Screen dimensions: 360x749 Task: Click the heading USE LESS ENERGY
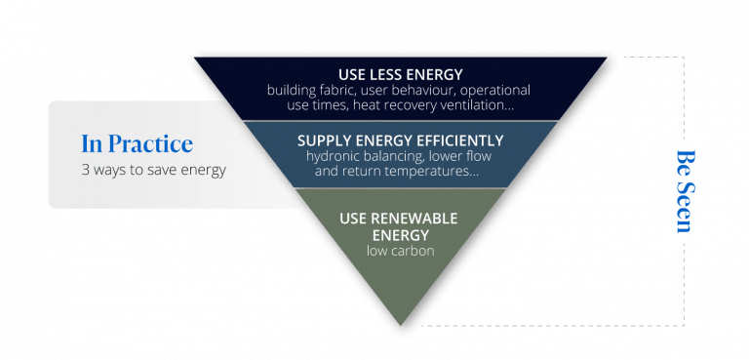click(x=400, y=74)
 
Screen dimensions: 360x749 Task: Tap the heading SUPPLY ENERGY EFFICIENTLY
click(x=400, y=140)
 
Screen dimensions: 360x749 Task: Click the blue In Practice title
click(x=137, y=144)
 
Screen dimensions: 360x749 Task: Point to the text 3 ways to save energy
click(x=153, y=170)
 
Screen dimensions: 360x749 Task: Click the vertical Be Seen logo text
click(x=683, y=190)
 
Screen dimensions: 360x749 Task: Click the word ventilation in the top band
click(x=484, y=103)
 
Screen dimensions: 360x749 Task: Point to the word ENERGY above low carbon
click(x=400, y=234)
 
